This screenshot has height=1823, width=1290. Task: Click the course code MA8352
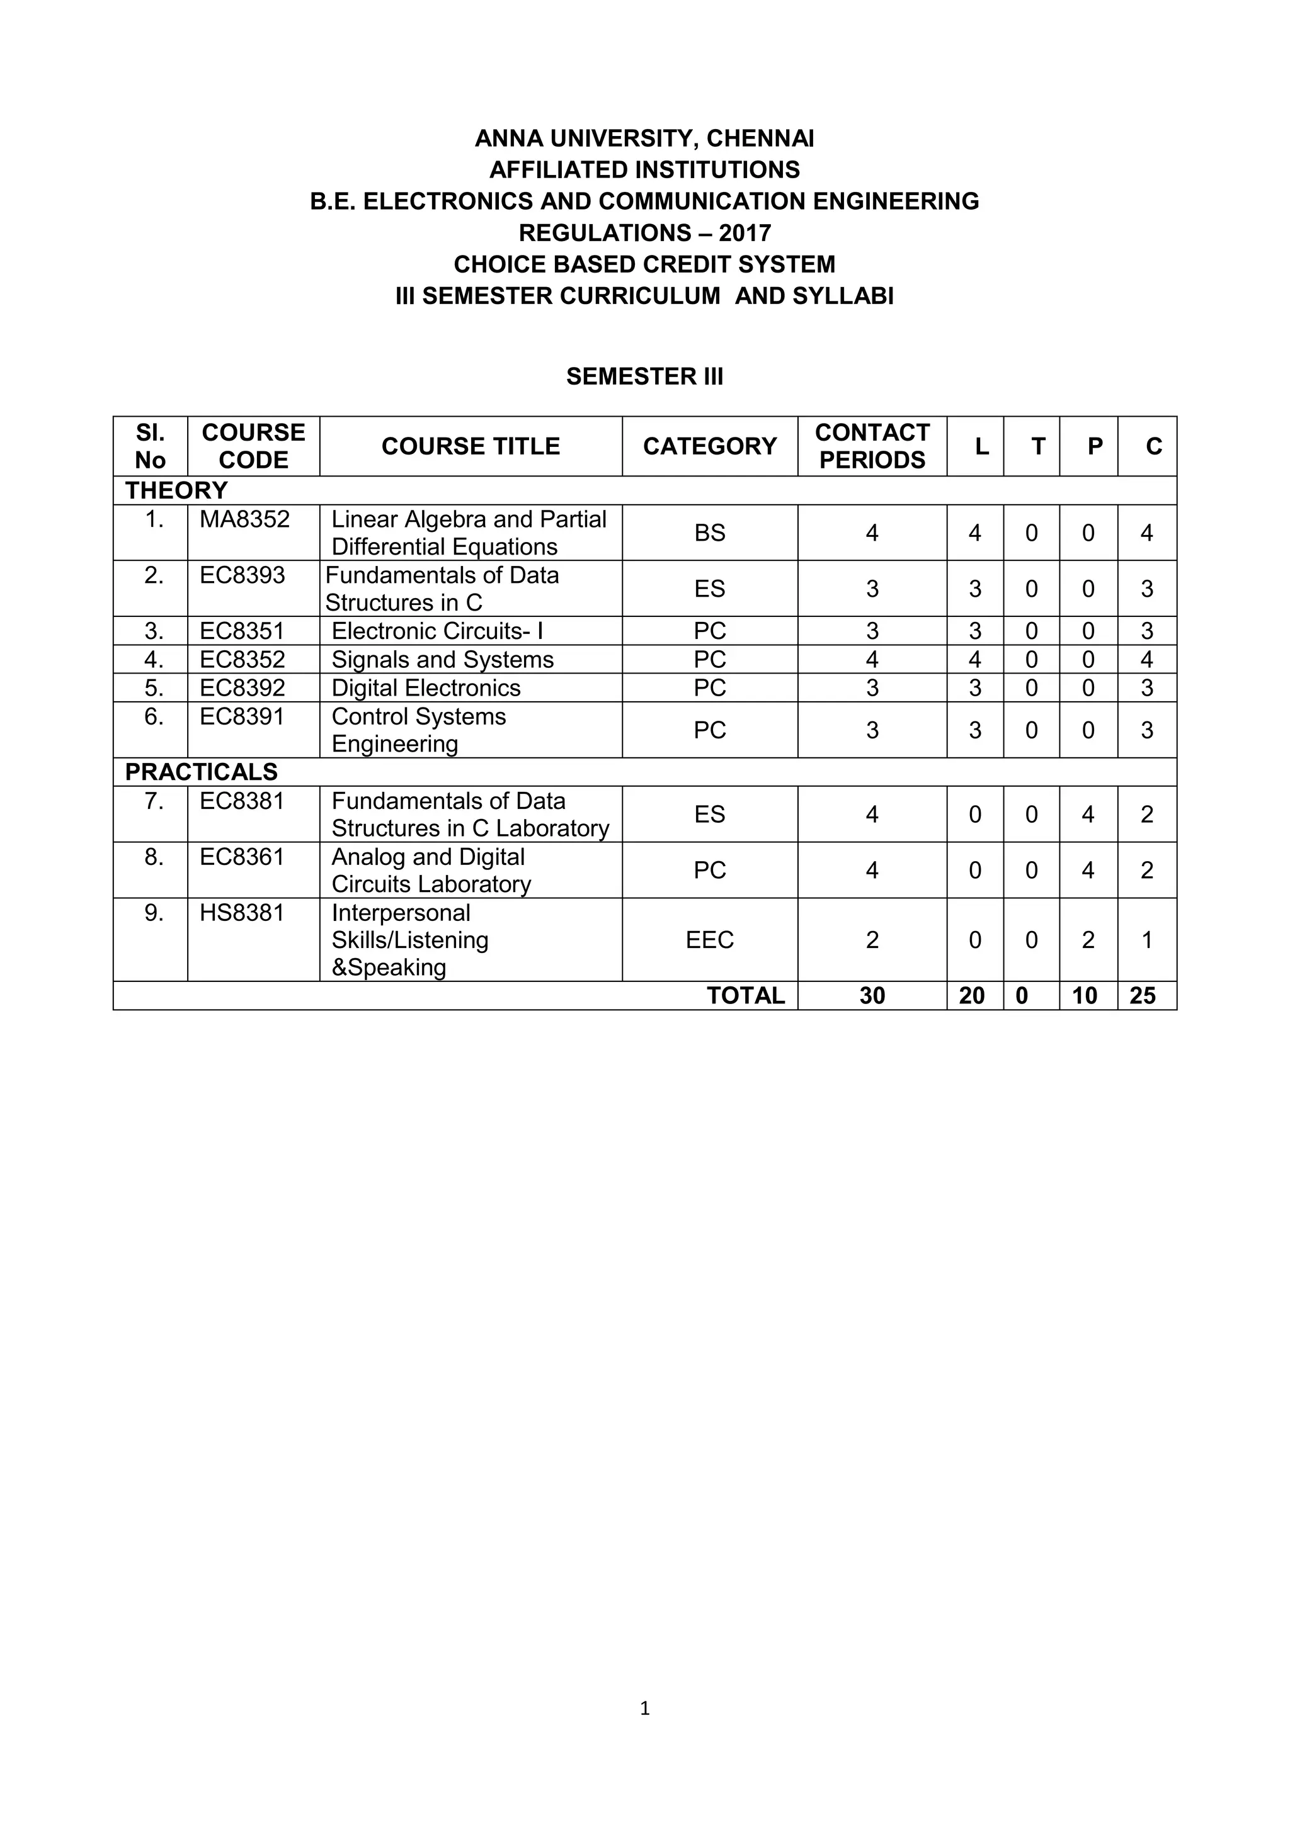(244, 519)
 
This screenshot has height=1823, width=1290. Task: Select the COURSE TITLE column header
(471, 446)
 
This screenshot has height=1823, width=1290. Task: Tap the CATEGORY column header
(709, 446)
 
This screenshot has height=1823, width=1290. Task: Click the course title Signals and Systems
(442, 659)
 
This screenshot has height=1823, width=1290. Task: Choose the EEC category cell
(709, 939)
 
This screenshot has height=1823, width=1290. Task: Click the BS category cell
(709, 533)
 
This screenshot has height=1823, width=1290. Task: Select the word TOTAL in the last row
(745, 996)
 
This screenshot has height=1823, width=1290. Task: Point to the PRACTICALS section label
(201, 772)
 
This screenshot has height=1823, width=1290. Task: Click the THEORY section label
(176, 490)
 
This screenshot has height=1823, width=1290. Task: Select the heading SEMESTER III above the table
(644, 376)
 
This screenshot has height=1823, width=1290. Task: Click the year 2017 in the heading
(745, 233)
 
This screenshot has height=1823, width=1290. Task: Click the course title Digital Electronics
(426, 687)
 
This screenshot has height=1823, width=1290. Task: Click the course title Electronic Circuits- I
(437, 631)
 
